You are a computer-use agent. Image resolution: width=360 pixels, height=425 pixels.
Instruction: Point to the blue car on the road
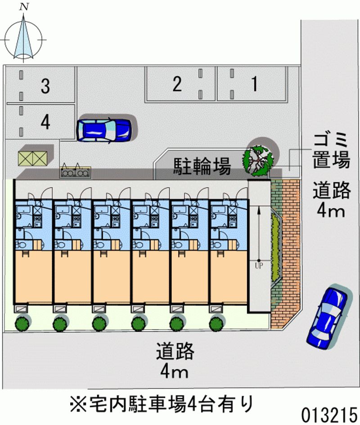pyautogui.click(x=327, y=318)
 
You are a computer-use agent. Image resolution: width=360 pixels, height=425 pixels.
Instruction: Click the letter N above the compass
pyautogui.click(x=24, y=7)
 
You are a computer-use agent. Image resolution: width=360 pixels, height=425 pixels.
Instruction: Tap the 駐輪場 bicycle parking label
pyautogui.click(x=202, y=166)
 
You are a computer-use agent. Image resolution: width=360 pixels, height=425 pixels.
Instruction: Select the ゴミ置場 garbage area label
pyautogui.click(x=331, y=150)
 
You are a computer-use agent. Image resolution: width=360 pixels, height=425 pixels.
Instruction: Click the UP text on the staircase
pyautogui.click(x=259, y=266)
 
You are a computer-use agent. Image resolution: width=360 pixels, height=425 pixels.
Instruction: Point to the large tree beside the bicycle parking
pyautogui.click(x=257, y=160)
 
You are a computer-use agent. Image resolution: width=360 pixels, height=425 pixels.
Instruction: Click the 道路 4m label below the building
pyautogui.click(x=175, y=360)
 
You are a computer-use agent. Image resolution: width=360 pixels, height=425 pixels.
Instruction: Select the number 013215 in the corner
pyautogui.click(x=329, y=414)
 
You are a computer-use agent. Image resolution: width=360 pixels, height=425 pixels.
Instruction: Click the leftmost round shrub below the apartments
pyautogui.click(x=22, y=323)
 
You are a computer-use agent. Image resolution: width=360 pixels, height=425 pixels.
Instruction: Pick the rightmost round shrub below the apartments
pyautogui.click(x=216, y=323)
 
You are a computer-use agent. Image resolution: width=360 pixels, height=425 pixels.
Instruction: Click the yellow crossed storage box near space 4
pyautogui.click(x=32, y=158)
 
